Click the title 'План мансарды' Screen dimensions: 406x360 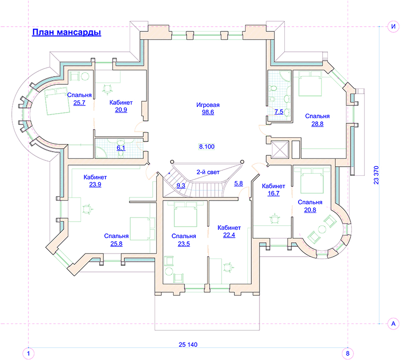coord(66,32)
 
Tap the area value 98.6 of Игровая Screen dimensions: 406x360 coord(208,112)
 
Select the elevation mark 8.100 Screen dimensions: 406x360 coord(207,147)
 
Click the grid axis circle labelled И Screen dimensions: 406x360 coord(393,26)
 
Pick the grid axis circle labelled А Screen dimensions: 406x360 coord(393,323)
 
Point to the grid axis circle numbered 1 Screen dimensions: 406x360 coord(28,353)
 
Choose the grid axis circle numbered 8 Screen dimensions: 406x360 coord(347,353)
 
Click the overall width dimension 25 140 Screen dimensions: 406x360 coord(188,345)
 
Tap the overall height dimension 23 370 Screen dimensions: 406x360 coord(376,175)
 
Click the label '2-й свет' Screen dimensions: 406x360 coord(208,172)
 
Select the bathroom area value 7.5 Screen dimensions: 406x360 coord(279,112)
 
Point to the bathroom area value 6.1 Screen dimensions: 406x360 coord(121,148)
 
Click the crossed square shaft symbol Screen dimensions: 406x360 coord(280,149)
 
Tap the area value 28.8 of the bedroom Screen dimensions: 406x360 coord(318,124)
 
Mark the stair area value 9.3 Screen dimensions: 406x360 coord(181,186)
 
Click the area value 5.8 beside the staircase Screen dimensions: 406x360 coord(238,184)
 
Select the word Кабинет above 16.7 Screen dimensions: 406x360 coord(273,186)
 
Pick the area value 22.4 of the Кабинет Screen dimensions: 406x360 coord(229,235)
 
